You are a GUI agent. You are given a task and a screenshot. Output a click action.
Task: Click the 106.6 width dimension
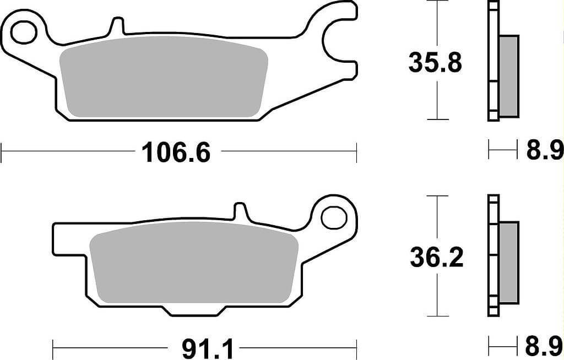tap(176, 152)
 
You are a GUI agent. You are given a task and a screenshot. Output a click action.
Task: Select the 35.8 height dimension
tap(435, 63)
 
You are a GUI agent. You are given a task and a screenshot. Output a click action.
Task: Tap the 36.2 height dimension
tap(436, 258)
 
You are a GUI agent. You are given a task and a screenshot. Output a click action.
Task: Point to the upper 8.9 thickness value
tap(544, 150)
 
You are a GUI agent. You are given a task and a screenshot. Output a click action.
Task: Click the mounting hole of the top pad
tap(23, 31)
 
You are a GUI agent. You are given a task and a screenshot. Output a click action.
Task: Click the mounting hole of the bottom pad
tap(333, 217)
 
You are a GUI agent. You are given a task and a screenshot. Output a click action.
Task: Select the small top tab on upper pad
tap(117, 27)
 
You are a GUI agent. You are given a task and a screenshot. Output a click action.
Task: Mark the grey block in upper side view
tap(508, 76)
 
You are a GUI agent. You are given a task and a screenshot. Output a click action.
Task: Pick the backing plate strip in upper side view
tap(493, 61)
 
